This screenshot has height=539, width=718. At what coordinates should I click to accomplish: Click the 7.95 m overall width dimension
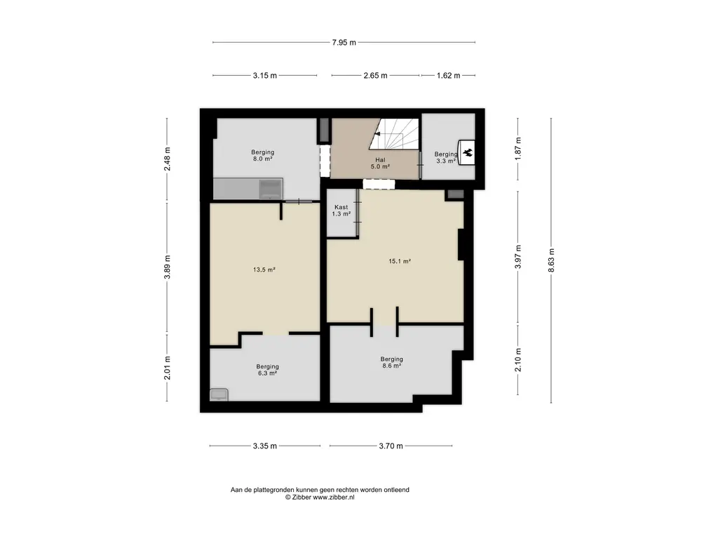344,43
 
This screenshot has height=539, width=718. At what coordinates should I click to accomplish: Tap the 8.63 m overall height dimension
551,260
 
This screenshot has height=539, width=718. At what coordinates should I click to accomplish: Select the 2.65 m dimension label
376,76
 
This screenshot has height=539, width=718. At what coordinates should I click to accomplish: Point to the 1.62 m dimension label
448,76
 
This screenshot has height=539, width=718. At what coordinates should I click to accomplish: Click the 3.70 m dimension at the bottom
391,446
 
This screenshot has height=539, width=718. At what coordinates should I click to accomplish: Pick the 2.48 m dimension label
167,159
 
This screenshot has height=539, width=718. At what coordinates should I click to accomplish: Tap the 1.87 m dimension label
518,149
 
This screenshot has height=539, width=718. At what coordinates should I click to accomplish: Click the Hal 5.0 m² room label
380,164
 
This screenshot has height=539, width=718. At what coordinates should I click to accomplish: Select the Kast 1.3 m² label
341,211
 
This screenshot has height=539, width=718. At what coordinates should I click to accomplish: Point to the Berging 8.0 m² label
262,155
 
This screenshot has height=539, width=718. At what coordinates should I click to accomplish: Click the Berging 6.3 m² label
267,370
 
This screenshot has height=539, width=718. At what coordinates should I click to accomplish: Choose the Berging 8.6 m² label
391,363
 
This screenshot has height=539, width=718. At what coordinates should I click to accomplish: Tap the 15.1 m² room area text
400,261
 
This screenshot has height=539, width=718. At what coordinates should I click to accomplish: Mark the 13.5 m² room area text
264,270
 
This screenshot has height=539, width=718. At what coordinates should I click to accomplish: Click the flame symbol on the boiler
468,152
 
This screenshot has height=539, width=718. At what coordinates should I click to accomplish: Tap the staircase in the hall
394,134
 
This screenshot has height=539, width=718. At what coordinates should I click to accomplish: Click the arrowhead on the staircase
377,134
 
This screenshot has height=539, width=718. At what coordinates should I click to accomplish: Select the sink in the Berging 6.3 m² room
219,394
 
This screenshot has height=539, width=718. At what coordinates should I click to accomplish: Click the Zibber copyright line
320,498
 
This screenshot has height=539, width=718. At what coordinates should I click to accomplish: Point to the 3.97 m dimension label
518,258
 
